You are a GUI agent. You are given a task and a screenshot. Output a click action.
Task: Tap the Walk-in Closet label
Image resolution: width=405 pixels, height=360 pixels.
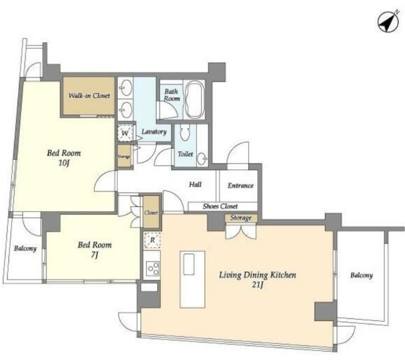click(x=89, y=96)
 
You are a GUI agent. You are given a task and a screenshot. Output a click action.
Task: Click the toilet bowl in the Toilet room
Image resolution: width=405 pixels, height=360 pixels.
click(x=185, y=132)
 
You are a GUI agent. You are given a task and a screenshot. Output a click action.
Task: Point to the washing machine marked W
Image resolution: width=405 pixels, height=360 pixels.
click(x=125, y=133)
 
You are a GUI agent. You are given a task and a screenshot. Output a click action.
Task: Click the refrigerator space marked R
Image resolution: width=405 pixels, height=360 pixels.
click(x=152, y=240)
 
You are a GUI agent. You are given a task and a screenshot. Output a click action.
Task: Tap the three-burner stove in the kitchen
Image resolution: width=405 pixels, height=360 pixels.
click(x=152, y=269)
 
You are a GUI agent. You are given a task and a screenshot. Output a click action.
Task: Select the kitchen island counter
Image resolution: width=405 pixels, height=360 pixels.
click(x=192, y=279)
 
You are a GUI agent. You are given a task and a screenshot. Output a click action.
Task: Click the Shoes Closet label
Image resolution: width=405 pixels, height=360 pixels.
click(x=220, y=206)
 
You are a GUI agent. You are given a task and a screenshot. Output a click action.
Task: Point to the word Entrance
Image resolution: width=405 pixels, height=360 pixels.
click(x=240, y=185)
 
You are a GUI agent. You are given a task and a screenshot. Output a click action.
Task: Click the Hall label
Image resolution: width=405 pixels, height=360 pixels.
click(x=195, y=184)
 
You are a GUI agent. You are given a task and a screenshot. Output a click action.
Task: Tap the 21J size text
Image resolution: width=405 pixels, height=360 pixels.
click(x=258, y=285)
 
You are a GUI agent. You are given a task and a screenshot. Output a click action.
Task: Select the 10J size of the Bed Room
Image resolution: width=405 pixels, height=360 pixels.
click(x=64, y=163)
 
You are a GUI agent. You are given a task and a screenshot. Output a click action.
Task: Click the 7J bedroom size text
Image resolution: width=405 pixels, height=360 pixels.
click(x=95, y=255)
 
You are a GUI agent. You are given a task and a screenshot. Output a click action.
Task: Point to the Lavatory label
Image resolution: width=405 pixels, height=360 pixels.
click(x=154, y=132)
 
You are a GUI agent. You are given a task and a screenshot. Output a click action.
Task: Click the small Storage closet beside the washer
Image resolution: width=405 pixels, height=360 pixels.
click(x=124, y=156)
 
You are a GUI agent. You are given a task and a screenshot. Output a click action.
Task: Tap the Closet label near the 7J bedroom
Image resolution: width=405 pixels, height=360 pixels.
click(x=151, y=213)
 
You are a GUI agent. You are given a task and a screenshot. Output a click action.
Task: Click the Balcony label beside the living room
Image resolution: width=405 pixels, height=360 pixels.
click(x=361, y=275)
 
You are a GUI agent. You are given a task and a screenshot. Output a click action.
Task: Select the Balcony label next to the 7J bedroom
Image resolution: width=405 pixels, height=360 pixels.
click(x=25, y=249)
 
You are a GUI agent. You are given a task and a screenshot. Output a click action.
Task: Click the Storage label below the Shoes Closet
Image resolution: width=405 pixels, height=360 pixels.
click(x=241, y=218)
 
